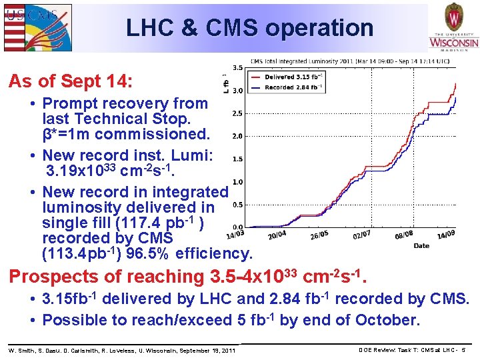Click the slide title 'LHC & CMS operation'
[250, 27]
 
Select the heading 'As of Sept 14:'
[71, 82]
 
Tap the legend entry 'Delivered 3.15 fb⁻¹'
[294, 77]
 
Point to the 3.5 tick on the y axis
[237, 67]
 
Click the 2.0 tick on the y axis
[237, 136]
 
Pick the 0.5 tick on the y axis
[237, 205]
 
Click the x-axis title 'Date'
[421, 245]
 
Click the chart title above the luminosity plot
[349, 61]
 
